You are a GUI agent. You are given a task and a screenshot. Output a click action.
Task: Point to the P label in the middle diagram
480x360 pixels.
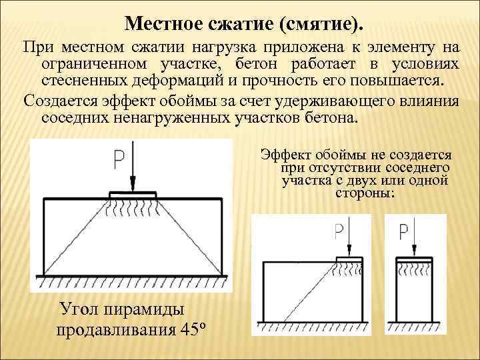(339, 231)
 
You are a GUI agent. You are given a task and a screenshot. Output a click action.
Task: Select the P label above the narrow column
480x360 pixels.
(403, 231)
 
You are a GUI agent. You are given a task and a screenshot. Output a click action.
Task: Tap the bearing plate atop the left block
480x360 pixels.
(133, 194)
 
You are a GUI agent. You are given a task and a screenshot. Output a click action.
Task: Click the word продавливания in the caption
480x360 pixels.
(115, 329)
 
